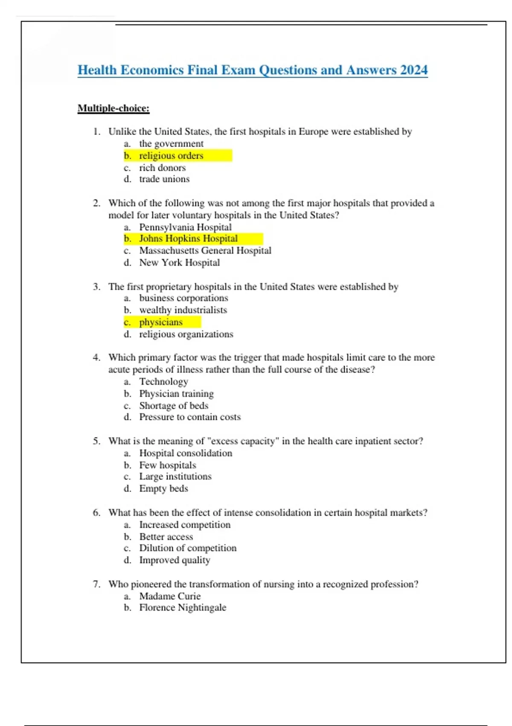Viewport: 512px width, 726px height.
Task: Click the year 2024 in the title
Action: coord(413,70)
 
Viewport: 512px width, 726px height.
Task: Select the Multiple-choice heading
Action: coord(113,108)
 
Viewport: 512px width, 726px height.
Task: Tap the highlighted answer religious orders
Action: coord(171,156)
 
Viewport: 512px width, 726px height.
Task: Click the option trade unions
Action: coord(164,179)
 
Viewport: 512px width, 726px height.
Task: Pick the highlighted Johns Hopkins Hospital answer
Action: coord(188,239)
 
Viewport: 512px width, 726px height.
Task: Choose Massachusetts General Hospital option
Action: coord(205,251)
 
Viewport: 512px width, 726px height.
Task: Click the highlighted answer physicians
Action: coord(161,322)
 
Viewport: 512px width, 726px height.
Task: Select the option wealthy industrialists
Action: coord(183,310)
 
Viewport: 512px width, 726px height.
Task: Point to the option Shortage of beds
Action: coord(174,406)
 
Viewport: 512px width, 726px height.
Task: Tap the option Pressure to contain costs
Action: coord(190,417)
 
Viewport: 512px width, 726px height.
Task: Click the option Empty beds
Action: coord(163,489)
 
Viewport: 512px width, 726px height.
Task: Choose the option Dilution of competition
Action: coord(188,548)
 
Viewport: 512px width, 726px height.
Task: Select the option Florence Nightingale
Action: coord(183,608)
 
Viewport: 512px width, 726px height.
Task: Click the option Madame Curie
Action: coord(170,596)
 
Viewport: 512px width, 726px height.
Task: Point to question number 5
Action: coord(97,441)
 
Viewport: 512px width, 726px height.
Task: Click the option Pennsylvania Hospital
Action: coord(185,227)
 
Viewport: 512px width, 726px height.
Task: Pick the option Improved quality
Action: coord(175,560)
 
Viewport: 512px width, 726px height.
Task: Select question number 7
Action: coord(97,584)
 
